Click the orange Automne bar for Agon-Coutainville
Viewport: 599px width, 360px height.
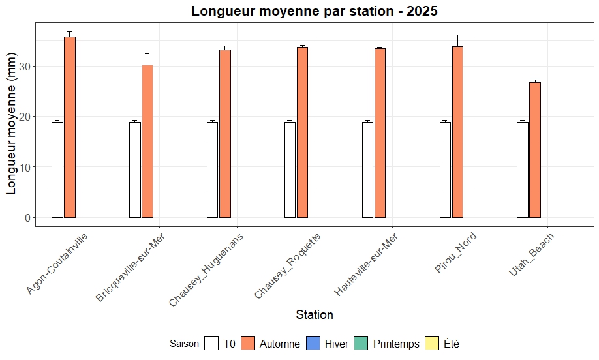click(x=70, y=127)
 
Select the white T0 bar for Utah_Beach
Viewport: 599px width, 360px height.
click(x=523, y=170)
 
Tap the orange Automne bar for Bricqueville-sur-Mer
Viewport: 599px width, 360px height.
click(x=147, y=141)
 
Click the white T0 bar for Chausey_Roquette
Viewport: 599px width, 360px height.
click(x=290, y=170)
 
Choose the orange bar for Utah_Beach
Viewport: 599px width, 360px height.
click(x=535, y=150)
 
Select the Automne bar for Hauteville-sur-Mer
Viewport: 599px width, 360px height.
click(x=380, y=133)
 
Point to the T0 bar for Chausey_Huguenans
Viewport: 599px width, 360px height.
click(x=212, y=170)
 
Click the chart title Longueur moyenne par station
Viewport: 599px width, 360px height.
click(x=315, y=11)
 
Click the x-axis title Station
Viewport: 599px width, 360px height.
click(x=315, y=314)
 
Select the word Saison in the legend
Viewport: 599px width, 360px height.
click(x=184, y=344)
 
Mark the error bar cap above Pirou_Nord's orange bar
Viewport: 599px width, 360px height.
click(x=457, y=35)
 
